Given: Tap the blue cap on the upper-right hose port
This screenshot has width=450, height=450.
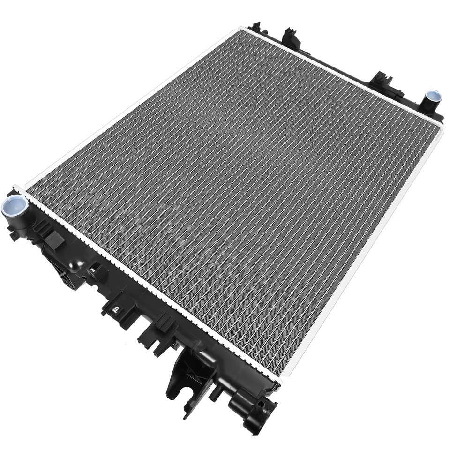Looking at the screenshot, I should (433, 96).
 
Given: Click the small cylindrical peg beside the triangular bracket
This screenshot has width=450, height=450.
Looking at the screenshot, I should (217, 393).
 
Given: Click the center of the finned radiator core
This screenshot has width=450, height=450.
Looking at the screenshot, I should (234, 197).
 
